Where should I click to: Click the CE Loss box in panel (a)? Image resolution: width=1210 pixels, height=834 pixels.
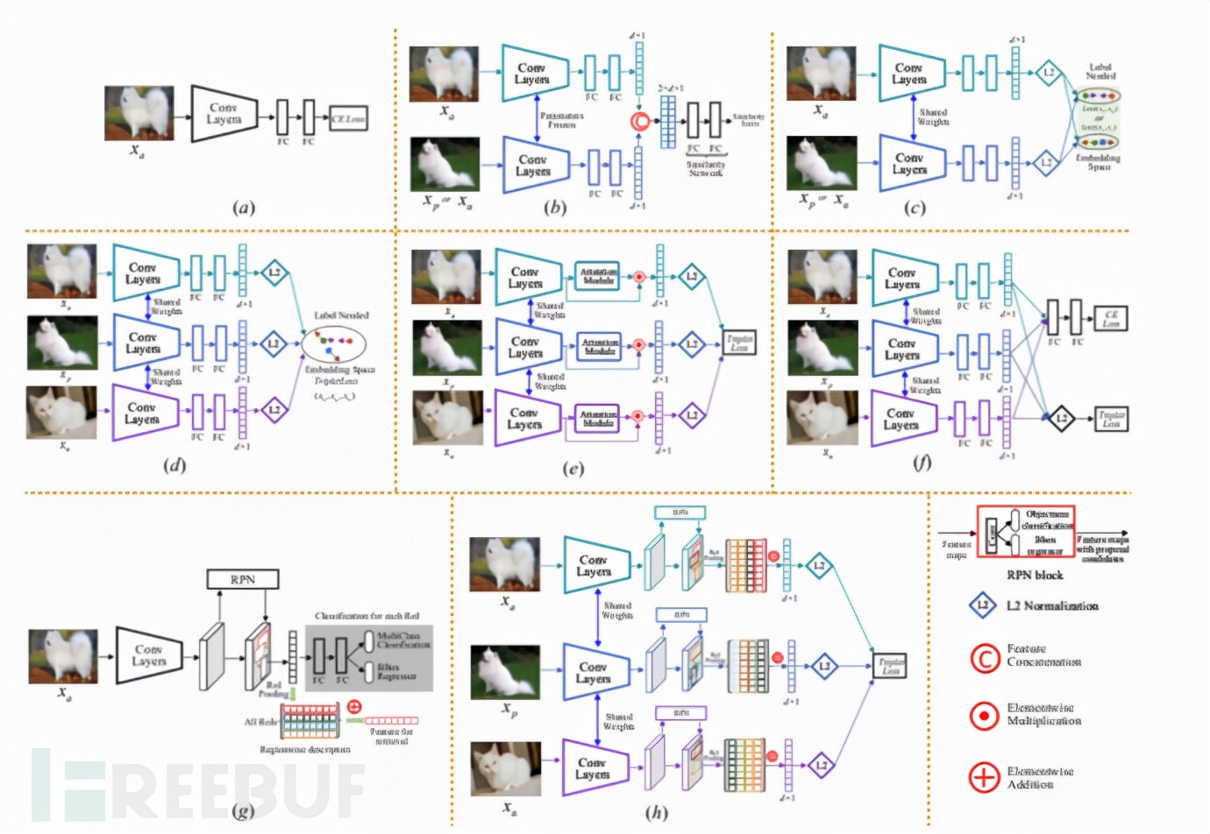[x=348, y=118]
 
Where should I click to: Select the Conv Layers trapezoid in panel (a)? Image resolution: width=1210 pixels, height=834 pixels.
[x=224, y=114]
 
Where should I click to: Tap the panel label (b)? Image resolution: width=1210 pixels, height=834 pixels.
[x=555, y=208]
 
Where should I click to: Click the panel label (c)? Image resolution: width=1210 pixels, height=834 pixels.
[x=915, y=208]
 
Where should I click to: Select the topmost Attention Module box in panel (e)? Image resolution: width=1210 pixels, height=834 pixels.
[x=598, y=276]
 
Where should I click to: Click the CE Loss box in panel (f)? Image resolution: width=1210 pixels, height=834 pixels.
[x=1111, y=318]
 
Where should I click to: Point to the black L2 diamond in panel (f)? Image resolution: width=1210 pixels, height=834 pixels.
[x=1061, y=418]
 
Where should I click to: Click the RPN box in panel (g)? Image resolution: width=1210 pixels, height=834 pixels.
[x=243, y=579]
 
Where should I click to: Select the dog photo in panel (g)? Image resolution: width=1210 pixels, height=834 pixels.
[x=63, y=656]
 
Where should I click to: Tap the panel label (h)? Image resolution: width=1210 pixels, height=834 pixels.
[x=657, y=812]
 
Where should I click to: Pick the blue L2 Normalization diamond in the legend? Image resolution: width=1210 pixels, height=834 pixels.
[x=983, y=605]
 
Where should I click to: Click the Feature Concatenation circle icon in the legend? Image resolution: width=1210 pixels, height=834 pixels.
[x=984, y=657]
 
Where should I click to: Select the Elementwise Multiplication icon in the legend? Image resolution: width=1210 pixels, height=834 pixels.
[x=984, y=716]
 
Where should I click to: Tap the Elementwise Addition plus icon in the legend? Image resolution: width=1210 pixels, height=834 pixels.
[x=984, y=776]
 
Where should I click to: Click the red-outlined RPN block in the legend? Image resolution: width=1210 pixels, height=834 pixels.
[x=1025, y=532]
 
